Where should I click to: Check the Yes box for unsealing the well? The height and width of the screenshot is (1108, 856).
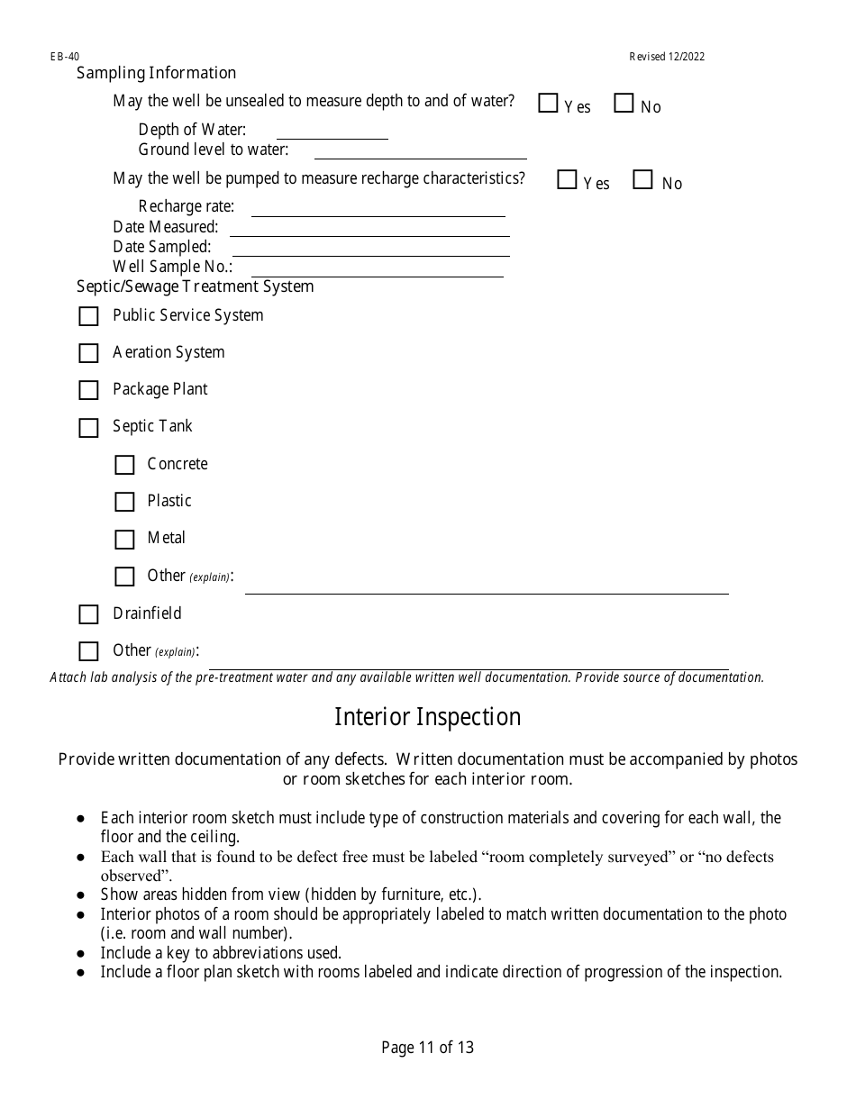click(548, 104)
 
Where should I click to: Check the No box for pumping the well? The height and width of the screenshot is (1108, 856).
click(642, 180)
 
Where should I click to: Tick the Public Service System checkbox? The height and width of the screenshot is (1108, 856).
click(88, 316)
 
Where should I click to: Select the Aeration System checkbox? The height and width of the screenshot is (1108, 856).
click(88, 353)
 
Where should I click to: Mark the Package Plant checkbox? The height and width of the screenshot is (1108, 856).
click(88, 390)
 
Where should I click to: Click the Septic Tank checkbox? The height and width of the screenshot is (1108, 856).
click(88, 428)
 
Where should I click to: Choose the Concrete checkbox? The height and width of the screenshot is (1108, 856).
click(124, 465)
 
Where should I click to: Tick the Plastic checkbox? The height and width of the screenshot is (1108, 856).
click(124, 502)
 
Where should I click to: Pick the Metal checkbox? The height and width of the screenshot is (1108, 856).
click(124, 540)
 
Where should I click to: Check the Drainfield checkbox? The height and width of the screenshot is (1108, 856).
click(88, 614)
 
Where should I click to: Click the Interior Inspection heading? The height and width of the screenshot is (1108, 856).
click(427, 717)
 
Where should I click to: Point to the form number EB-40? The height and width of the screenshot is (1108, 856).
click(64, 57)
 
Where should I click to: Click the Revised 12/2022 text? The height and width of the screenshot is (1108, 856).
click(667, 57)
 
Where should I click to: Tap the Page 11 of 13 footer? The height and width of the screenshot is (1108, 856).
click(427, 1048)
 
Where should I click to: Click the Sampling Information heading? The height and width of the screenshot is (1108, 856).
click(156, 73)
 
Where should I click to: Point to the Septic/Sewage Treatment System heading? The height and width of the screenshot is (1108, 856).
click(195, 286)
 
